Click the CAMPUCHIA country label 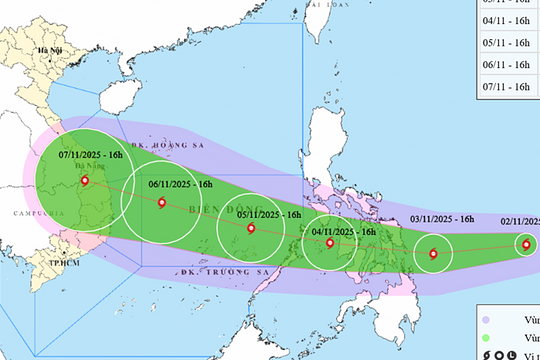(x=20, y=214)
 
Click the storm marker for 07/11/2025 (x=84, y=181)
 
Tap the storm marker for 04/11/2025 (x=330, y=242)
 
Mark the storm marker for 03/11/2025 (x=433, y=254)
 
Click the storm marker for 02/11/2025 (x=526, y=244)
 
